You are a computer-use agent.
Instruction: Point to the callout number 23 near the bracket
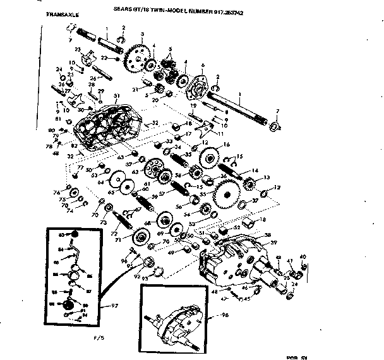tap(78, 50)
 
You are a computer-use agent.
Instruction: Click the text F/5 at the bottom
tap(132, 346)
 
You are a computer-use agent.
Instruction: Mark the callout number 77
tap(80, 167)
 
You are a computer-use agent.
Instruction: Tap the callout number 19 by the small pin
tap(194, 106)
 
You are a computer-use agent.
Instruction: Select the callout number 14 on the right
tap(255, 171)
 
